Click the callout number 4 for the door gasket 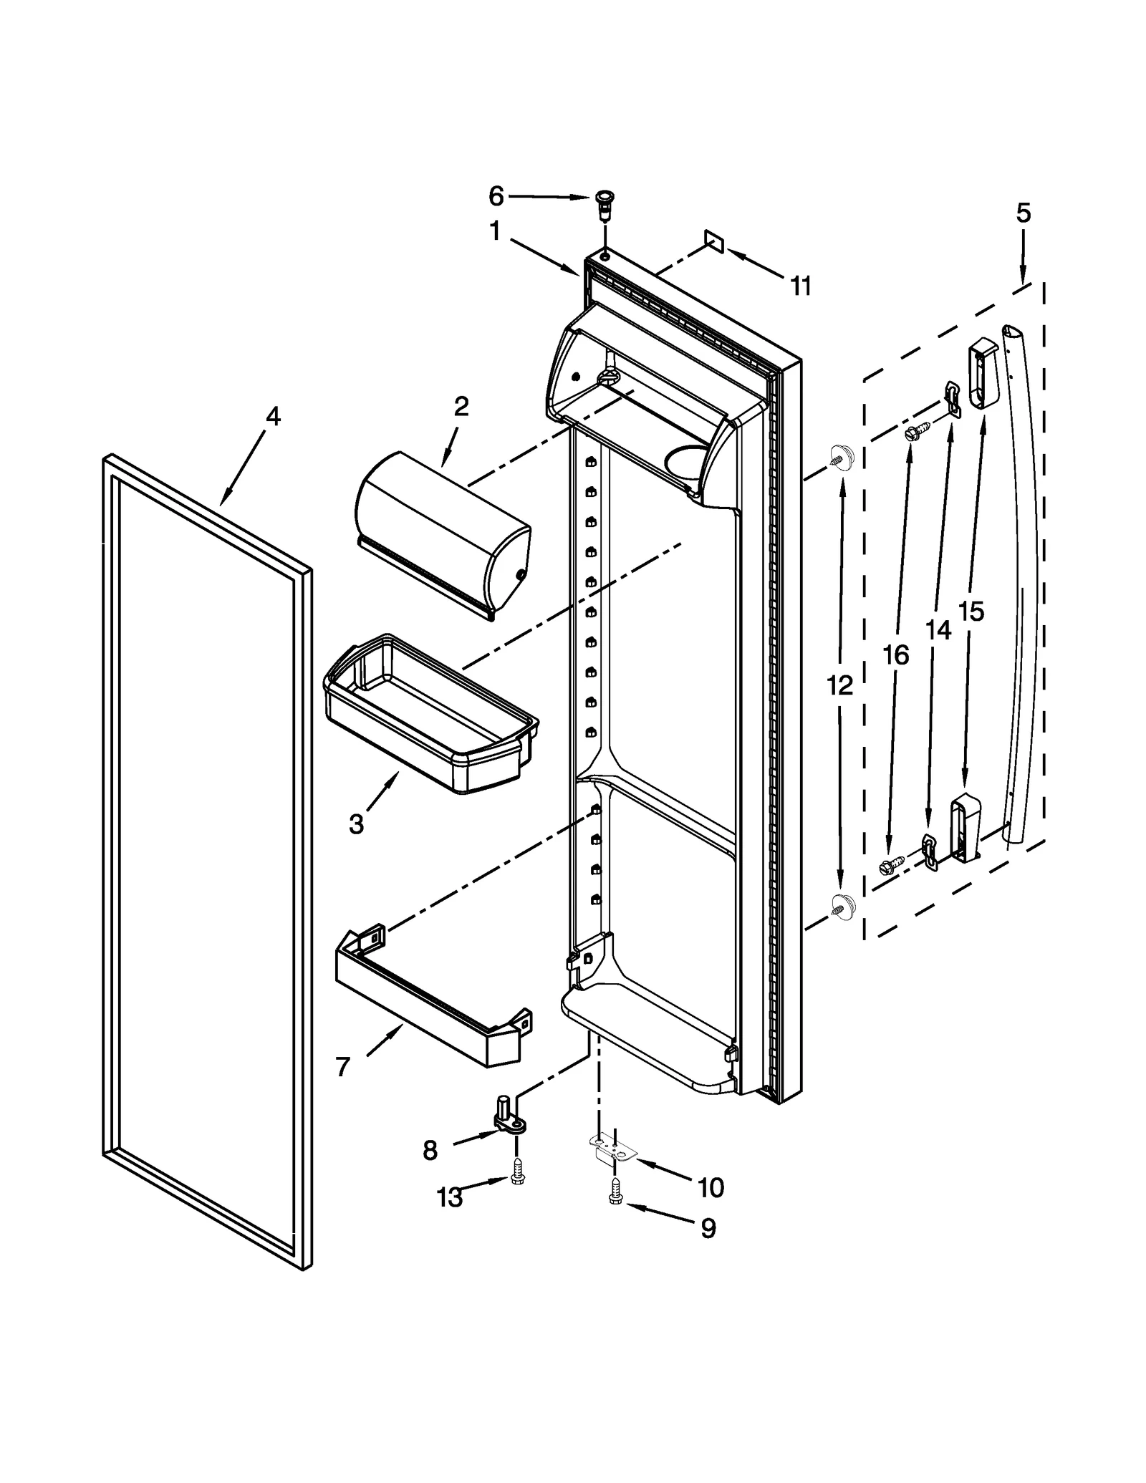tap(273, 417)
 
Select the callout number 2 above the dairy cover tap(461, 407)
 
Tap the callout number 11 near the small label tap(801, 286)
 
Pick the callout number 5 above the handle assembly tap(1023, 213)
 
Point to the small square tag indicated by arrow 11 tap(715, 241)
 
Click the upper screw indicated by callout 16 tap(916, 431)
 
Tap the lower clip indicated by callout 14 tap(929, 851)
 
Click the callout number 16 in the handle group tap(895, 654)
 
